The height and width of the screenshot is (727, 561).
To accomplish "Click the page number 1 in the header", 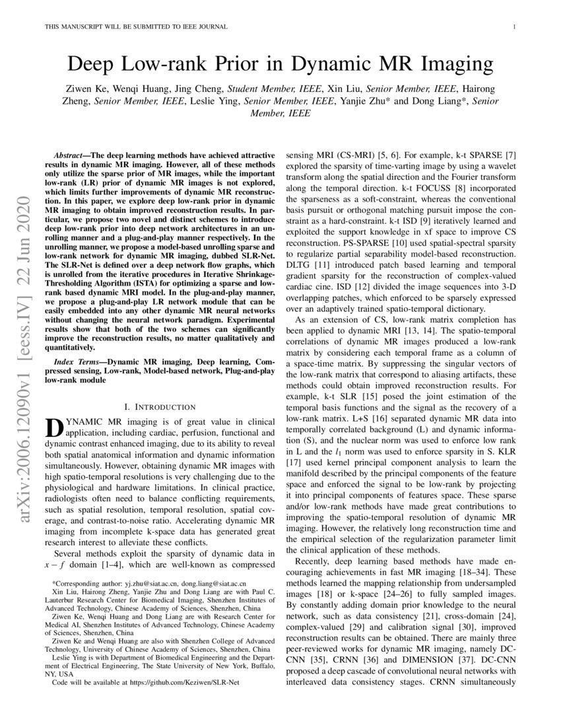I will [513, 26].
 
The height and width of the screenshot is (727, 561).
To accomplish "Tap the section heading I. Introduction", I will [160, 406].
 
